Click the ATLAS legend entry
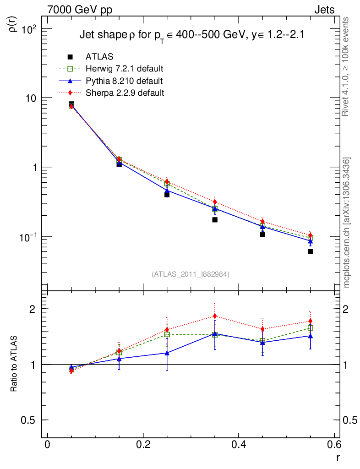pos(99,57)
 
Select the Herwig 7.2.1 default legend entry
pos(125,69)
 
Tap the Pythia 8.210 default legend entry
pos(124,81)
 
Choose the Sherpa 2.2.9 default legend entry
pos(125,93)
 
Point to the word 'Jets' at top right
pos(324,10)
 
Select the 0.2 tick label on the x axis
pos(143,445)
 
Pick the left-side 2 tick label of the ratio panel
pos(33,309)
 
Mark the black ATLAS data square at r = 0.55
pos(310,251)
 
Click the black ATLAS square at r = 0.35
pos(214,220)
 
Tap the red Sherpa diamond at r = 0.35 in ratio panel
pos(214,316)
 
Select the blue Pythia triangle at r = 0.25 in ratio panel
pos(167,353)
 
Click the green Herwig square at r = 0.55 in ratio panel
pos(310,328)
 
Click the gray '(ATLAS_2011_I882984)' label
pos(191,274)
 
